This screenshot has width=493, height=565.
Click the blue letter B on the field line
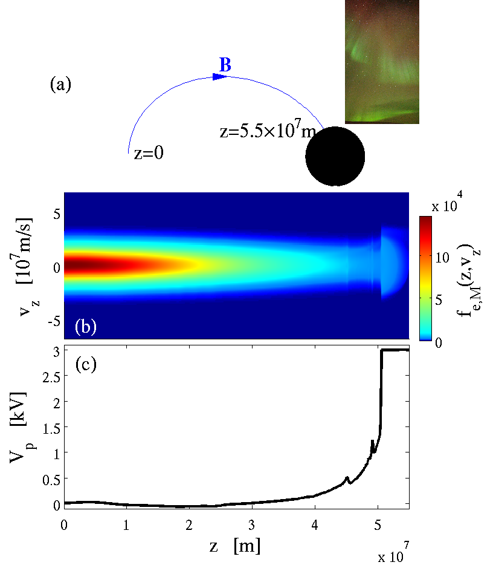tap(225, 65)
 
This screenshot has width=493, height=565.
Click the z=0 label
tap(149, 154)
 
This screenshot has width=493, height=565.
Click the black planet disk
tap(335, 156)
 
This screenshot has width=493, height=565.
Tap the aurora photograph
tap(382, 61)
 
